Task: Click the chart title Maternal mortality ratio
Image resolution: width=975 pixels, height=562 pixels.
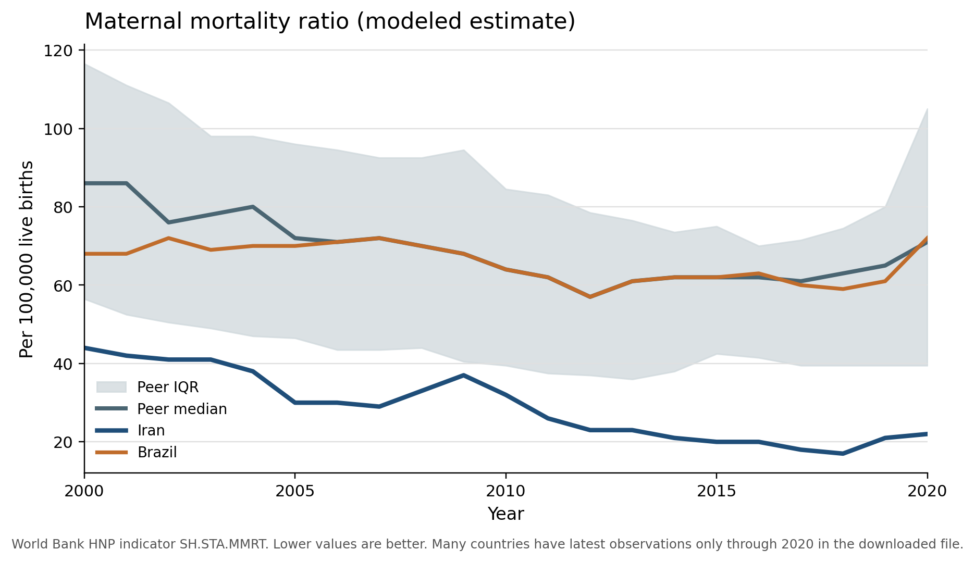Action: pos(329,22)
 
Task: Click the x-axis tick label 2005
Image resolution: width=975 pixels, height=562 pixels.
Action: pos(295,491)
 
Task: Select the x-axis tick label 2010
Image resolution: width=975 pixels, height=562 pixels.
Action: pos(505,491)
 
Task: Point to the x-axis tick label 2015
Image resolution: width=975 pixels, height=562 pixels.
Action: pos(717,491)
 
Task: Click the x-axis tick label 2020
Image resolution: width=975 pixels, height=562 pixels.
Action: pos(927,491)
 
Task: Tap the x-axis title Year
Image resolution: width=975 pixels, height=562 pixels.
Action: pos(505,514)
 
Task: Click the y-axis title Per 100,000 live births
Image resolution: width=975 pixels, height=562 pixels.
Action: pos(26,259)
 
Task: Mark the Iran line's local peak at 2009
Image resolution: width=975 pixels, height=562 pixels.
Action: pos(463,375)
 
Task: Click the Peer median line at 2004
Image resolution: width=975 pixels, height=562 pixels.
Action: pos(253,207)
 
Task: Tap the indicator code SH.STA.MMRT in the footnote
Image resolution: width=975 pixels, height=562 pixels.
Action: pos(224,545)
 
